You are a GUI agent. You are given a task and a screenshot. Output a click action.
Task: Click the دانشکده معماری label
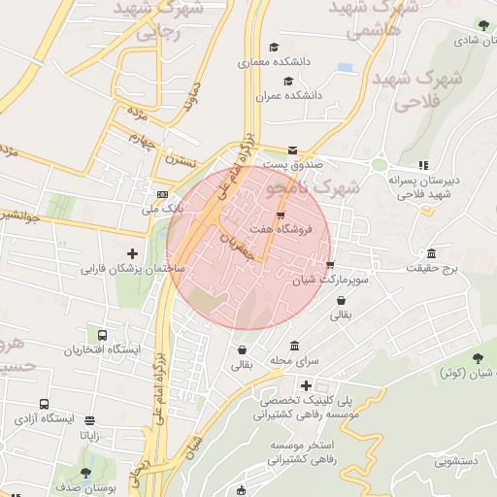pyautogui.click(x=279, y=61)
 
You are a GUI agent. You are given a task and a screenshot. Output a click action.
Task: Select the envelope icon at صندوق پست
pyautogui.click(x=293, y=149)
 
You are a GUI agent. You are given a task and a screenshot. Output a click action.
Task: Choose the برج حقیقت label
pyautogui.click(x=431, y=267)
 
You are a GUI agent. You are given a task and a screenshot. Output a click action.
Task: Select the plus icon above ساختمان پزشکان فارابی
pyautogui.click(x=133, y=253)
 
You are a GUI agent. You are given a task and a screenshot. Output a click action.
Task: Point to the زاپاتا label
pyautogui.click(x=89, y=436)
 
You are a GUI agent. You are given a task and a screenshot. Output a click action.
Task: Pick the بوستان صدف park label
pyautogui.click(x=86, y=488)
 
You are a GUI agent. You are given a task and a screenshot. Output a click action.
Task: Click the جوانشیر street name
pyautogui.click(x=23, y=215)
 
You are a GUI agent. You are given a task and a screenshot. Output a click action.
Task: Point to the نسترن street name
pyautogui.click(x=181, y=156)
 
